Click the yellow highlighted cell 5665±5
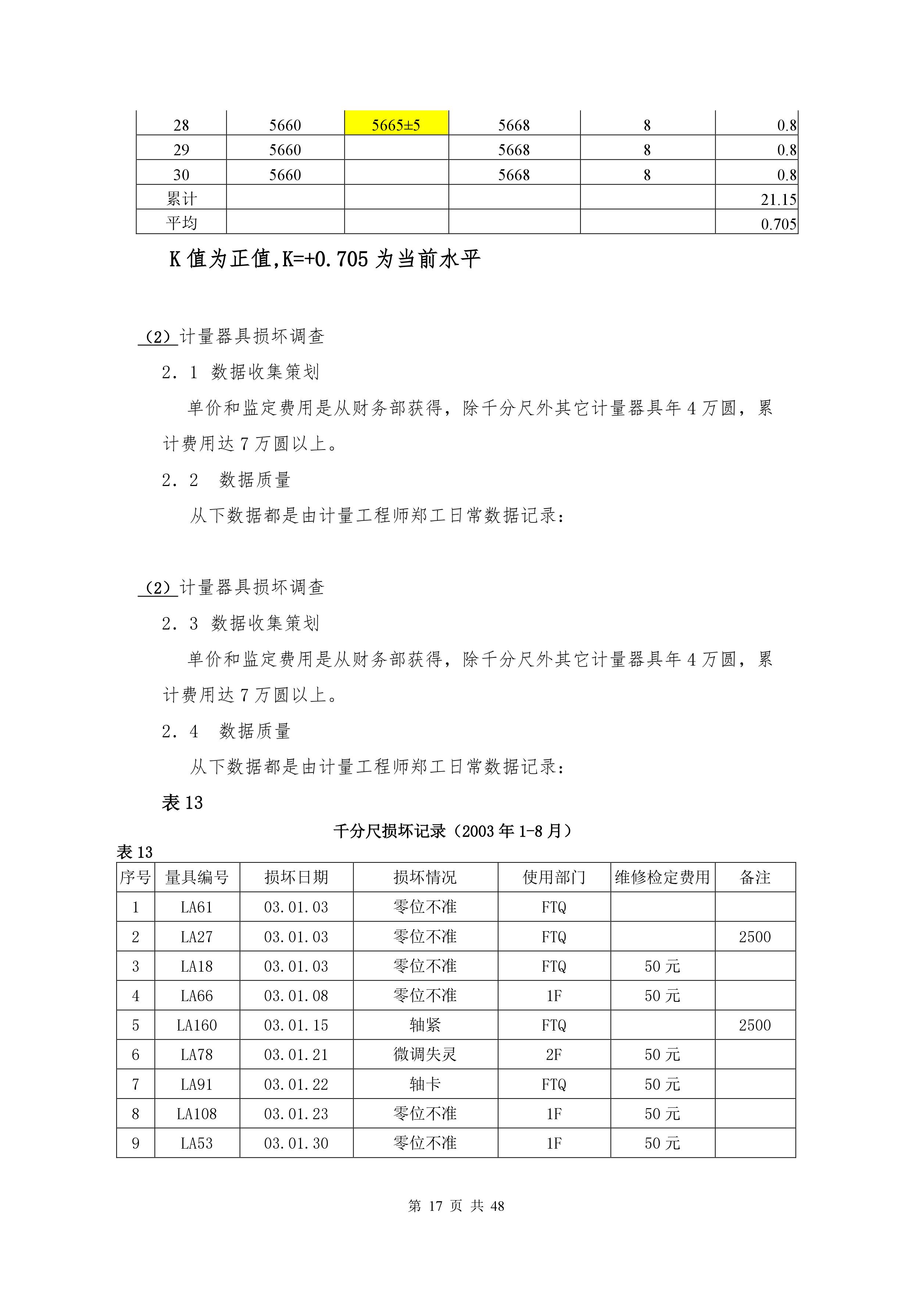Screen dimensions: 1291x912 point(396,124)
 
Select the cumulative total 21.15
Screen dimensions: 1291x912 point(778,199)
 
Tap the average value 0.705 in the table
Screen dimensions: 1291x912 point(778,224)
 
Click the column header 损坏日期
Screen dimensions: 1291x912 point(296,877)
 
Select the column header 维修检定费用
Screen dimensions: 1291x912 point(662,877)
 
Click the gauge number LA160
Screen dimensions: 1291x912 point(197,1025)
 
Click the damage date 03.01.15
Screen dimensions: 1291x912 point(296,1025)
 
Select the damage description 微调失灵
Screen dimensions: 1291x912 point(425,1054)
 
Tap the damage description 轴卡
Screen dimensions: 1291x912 point(425,1084)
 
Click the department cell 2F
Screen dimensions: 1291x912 point(554,1054)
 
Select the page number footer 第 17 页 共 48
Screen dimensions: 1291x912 point(456,1206)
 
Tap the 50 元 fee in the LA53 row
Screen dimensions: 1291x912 point(662,1143)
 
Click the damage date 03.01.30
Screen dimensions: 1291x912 point(296,1143)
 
